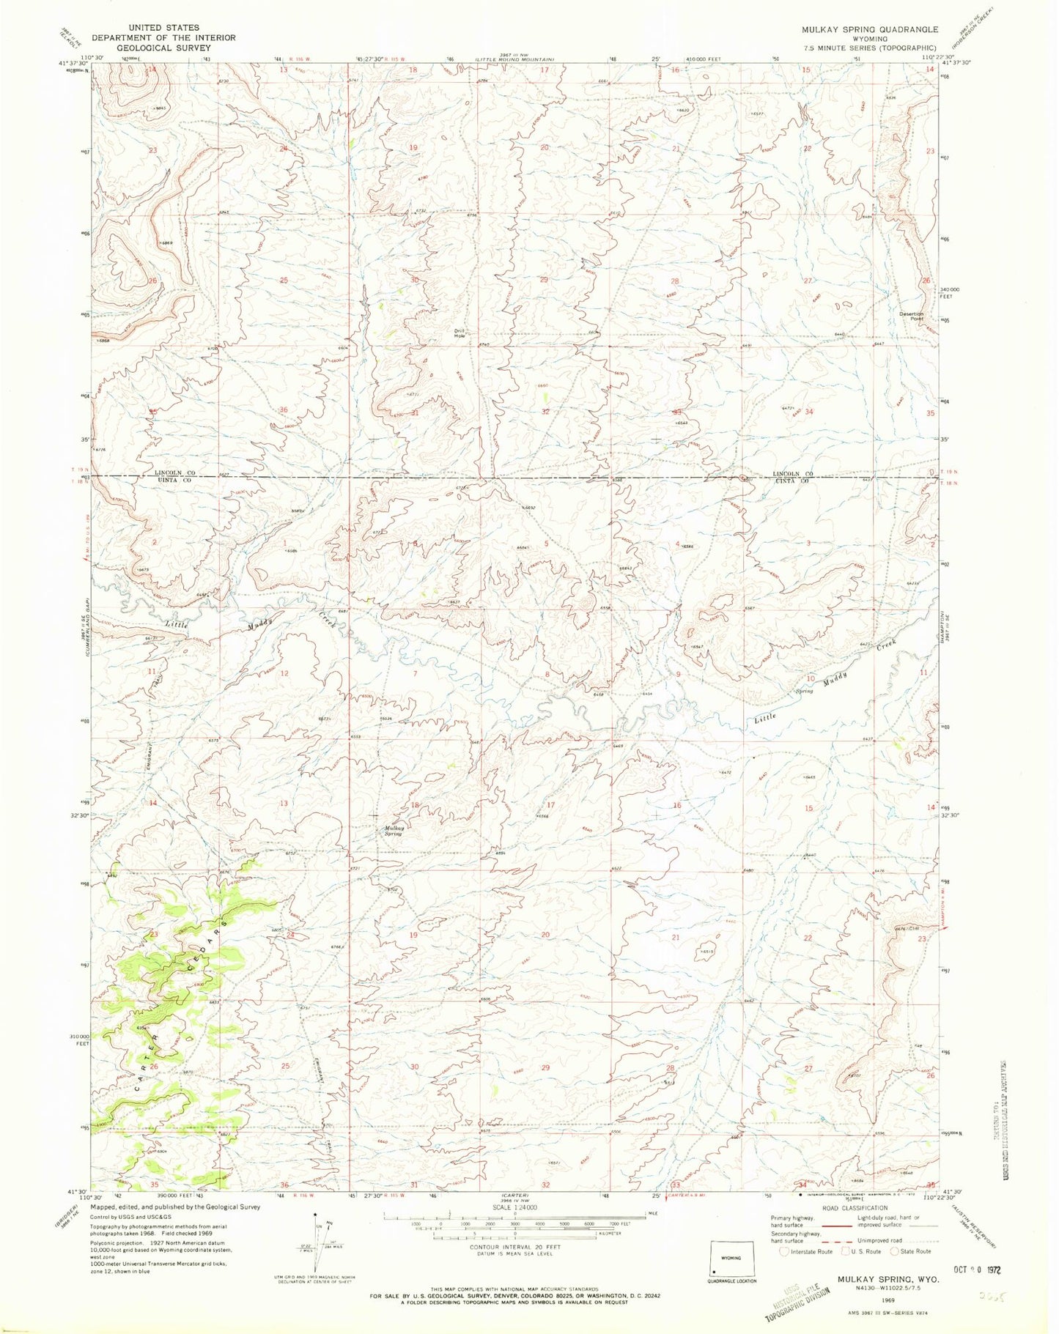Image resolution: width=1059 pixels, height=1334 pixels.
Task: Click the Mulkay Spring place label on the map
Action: tap(394, 831)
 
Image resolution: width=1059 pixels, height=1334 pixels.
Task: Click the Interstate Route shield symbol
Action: tap(786, 1252)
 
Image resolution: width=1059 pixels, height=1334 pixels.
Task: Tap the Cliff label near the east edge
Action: tap(915, 927)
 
